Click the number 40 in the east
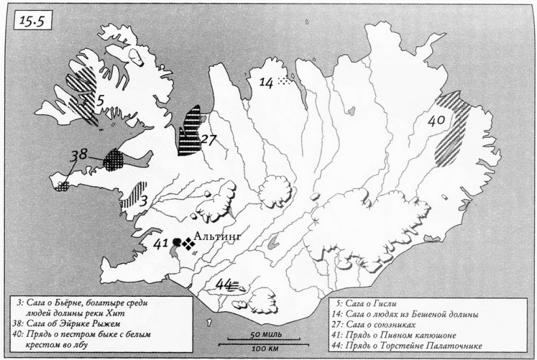click(x=436, y=121)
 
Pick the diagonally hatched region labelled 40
click(x=453, y=126)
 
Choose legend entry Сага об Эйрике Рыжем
click(x=74, y=323)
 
